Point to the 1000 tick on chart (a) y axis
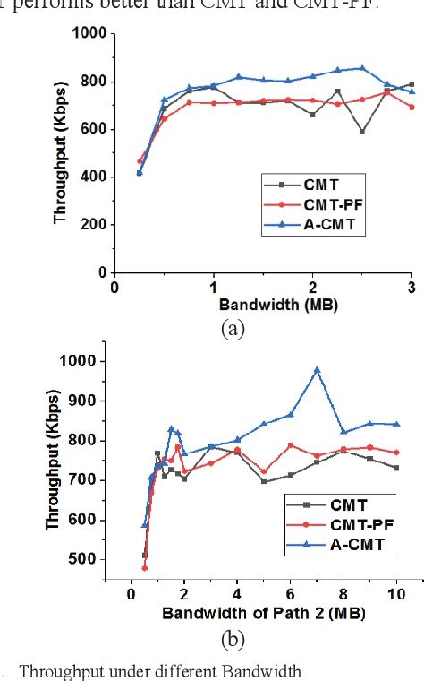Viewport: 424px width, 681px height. tap(92, 34)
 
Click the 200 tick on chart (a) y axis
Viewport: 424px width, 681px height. tap(96, 225)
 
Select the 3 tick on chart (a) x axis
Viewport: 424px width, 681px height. tap(411, 288)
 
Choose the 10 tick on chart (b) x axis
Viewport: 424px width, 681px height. tap(396, 594)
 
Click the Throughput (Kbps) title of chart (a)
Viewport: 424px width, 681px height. tap(61, 153)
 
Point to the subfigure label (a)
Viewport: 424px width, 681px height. tap(233, 328)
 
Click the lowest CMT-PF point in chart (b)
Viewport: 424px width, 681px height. tap(144, 567)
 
